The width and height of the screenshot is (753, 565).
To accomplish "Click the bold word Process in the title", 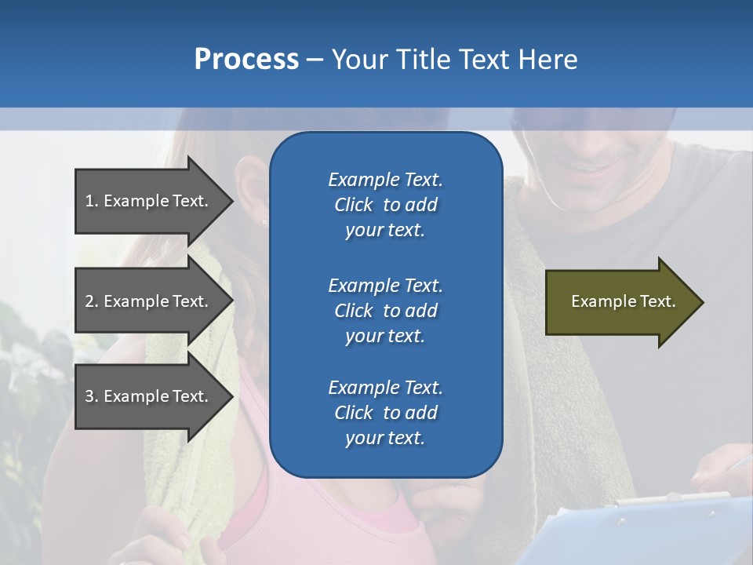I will (246, 60).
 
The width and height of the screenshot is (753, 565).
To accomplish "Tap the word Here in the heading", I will (547, 60).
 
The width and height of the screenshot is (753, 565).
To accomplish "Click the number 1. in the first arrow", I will (92, 201).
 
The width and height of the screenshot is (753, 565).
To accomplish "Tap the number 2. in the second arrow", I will (92, 301).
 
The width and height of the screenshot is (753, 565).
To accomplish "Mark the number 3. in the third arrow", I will (92, 396).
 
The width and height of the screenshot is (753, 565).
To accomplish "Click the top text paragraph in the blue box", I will (385, 205).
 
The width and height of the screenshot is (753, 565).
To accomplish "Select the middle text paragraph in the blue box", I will (385, 310).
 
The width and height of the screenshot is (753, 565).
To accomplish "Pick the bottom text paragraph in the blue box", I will (385, 413).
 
